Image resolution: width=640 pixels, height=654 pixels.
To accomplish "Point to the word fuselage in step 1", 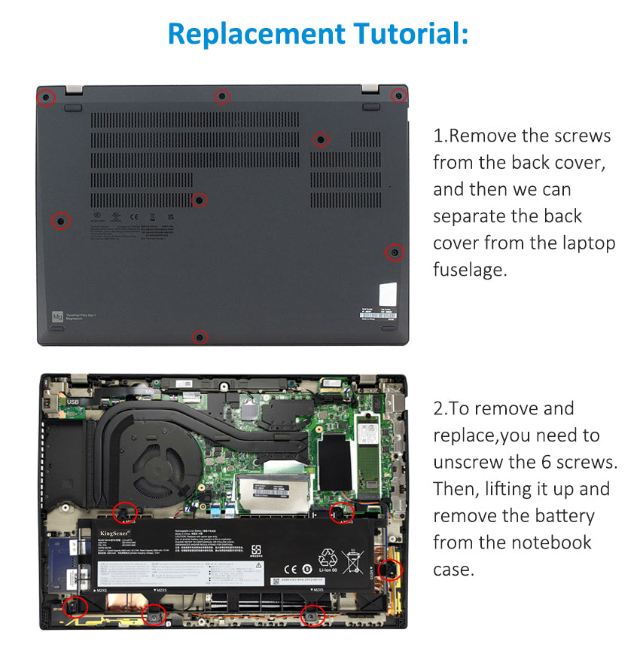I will (470, 270).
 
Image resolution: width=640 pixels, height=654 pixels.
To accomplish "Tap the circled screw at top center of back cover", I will (221, 96).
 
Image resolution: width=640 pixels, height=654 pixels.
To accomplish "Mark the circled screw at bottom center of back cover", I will (200, 337).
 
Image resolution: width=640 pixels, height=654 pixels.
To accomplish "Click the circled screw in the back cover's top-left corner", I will (46, 97).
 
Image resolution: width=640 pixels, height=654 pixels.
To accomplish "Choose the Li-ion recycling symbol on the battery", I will (328, 561).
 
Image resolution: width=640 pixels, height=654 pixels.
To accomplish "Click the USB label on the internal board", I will (72, 402).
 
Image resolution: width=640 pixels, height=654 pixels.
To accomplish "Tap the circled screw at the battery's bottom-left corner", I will (75, 606).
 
